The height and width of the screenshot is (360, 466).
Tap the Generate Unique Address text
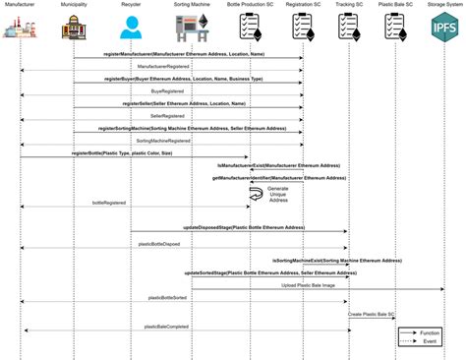coord(280,192)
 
